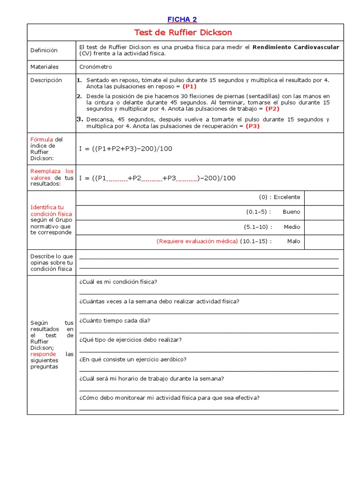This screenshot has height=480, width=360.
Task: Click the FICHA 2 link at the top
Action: pyautogui.click(x=182, y=19)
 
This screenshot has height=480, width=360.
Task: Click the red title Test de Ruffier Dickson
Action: pyautogui.click(x=183, y=32)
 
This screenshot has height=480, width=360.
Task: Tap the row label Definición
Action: pyautogui.click(x=44, y=50)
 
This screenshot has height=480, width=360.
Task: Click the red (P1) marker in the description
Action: pyautogui.click(x=189, y=87)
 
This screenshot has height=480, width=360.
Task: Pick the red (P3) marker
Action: pyautogui.click(x=252, y=126)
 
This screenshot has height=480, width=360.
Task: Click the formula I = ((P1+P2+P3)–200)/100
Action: pyautogui.click(x=126, y=149)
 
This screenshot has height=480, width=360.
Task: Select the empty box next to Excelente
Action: pyautogui.click(x=324, y=197)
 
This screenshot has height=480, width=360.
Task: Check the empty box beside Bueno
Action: pyautogui.click(x=324, y=212)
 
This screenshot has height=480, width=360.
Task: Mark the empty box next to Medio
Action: pyautogui.click(x=324, y=227)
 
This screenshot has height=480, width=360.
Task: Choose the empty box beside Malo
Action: pyautogui.click(x=324, y=241)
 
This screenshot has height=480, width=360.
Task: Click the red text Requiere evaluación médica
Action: pyautogui.click(x=197, y=241)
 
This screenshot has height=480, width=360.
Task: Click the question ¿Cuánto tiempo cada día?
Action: pyautogui.click(x=115, y=321)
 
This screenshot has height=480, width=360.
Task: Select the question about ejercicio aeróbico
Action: pyautogui.click(x=133, y=360)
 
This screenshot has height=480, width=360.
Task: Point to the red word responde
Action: pyautogui.click(x=43, y=354)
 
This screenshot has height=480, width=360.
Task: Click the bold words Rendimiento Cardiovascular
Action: pyautogui.click(x=296, y=47)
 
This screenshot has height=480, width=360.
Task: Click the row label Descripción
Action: pyautogui.click(x=46, y=80)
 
